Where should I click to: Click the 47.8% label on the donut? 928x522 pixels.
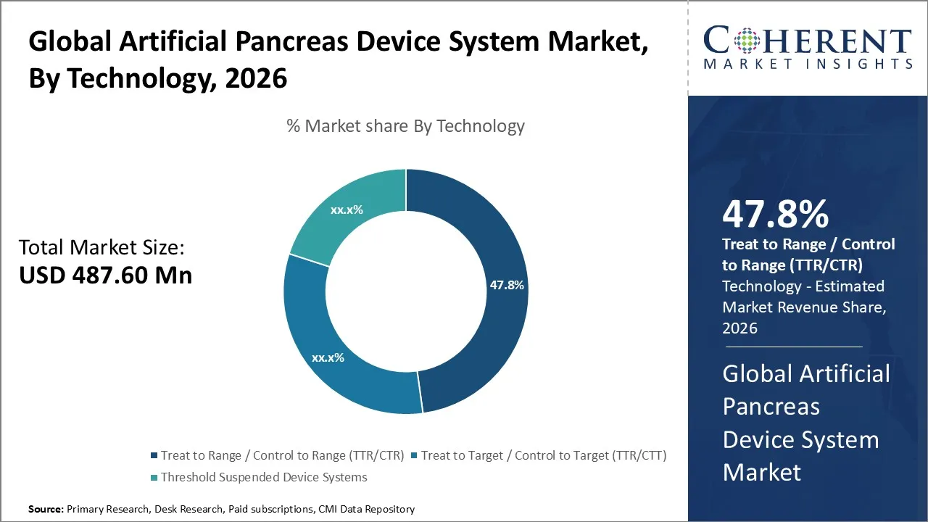506,285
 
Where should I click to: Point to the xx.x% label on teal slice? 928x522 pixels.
347,210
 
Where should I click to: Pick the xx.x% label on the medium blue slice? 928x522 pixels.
328,357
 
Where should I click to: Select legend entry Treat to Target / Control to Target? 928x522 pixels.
543,455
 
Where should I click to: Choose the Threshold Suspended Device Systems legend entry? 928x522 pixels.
263,477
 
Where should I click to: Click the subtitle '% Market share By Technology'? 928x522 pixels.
405,126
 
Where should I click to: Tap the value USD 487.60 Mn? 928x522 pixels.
105,275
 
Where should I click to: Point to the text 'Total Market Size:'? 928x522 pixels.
101,248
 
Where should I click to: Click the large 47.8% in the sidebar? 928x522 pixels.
775,215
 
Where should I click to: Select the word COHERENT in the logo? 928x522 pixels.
808,41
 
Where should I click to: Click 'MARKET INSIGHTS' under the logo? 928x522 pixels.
808,64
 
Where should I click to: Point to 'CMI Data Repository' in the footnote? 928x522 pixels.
366,510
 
